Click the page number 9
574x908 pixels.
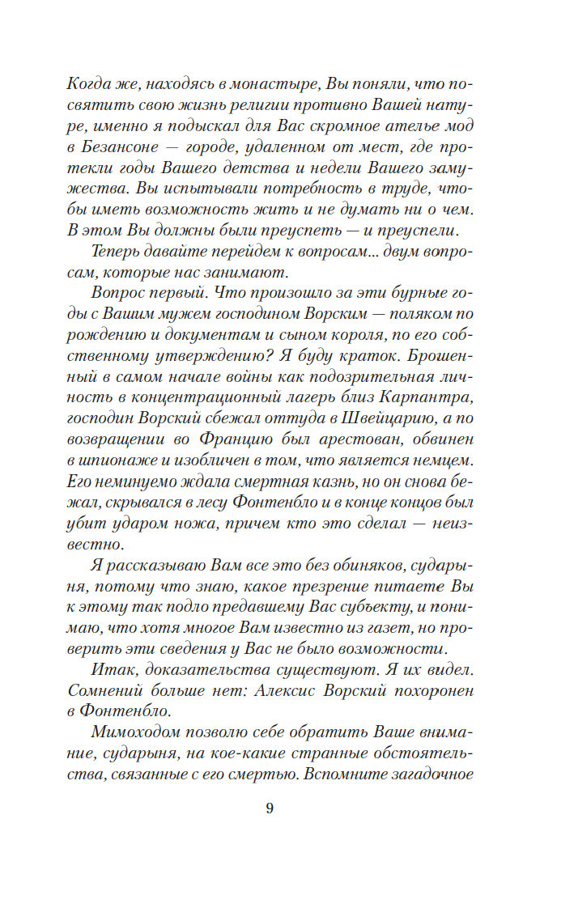[x=270, y=808]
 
